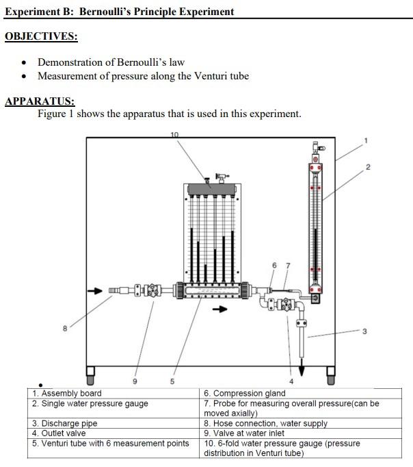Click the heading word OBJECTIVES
[40, 36]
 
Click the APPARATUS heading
[40, 102]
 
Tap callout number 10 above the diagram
[174, 134]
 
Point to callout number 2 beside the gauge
[367, 167]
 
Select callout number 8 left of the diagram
[65, 328]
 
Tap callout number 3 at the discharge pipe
[364, 332]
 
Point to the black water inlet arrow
[95, 291]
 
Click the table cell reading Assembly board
[67, 393]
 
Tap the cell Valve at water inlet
[250, 433]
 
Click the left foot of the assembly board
[90, 374]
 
